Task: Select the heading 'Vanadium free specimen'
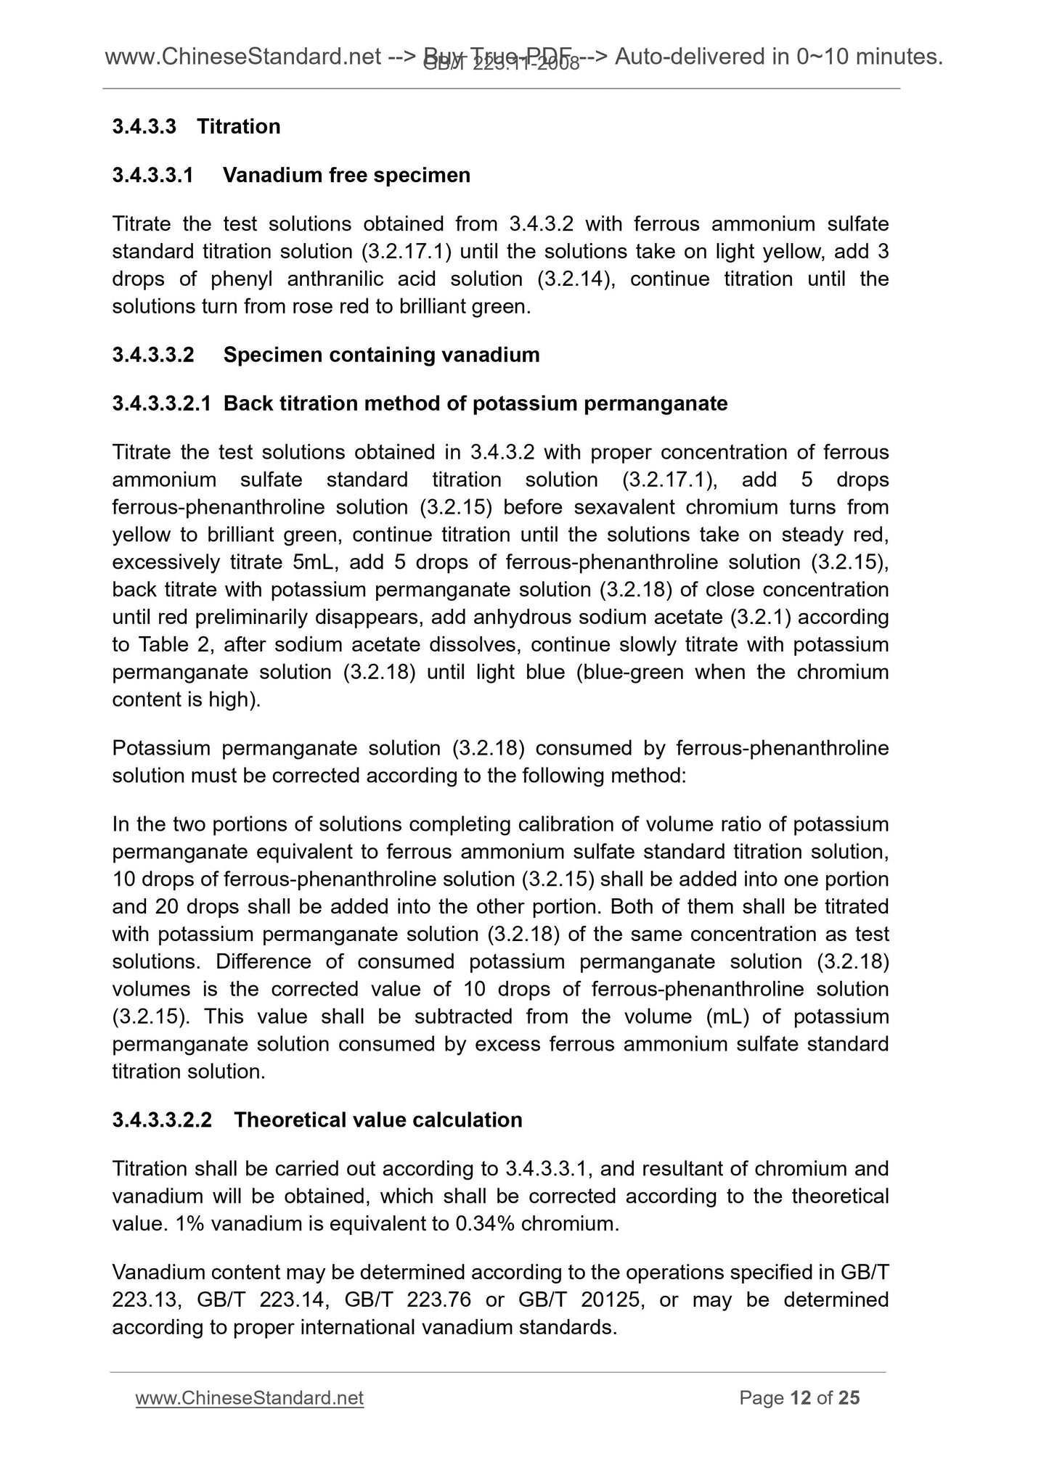point(346,176)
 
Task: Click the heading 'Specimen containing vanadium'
point(381,355)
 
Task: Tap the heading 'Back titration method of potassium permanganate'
point(475,403)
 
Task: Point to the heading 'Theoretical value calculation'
point(377,1120)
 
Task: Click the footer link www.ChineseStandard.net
point(249,1398)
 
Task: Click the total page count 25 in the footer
point(849,1398)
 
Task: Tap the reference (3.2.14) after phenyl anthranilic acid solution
point(576,279)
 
